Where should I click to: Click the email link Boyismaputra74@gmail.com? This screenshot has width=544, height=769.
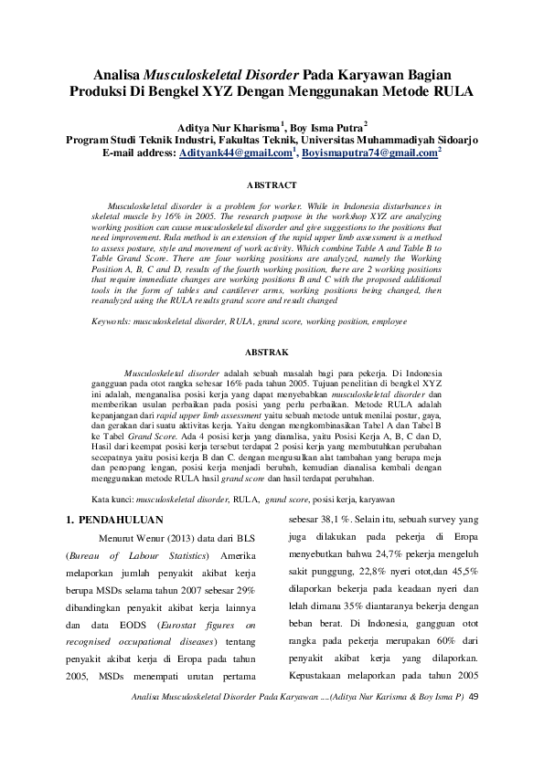369,155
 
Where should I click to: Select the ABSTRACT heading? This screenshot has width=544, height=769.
272,185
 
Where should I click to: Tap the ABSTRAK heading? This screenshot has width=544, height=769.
272,351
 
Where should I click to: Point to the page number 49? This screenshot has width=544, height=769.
485,697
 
